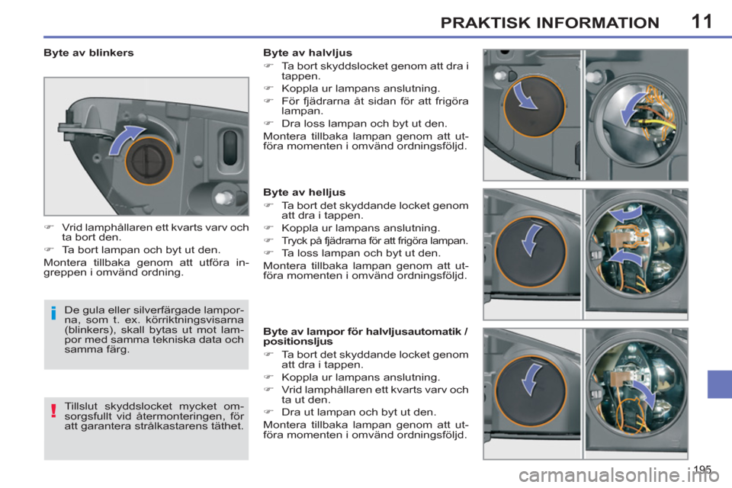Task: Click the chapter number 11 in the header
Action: pos(701,21)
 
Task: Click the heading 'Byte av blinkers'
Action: pos(88,53)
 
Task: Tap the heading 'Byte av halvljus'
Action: pos(307,53)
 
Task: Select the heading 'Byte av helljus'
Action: pos(304,192)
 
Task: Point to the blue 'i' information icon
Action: pos(53,313)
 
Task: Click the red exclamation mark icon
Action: pos(53,410)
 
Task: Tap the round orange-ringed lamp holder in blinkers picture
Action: pos(149,161)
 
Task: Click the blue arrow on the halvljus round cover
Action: pos(525,96)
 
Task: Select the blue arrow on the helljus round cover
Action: pos(531,239)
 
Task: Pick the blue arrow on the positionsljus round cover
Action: pos(531,379)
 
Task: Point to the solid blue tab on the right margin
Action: pos(719,384)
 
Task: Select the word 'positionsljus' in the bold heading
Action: pos(298,342)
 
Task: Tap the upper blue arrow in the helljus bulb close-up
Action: pos(625,215)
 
